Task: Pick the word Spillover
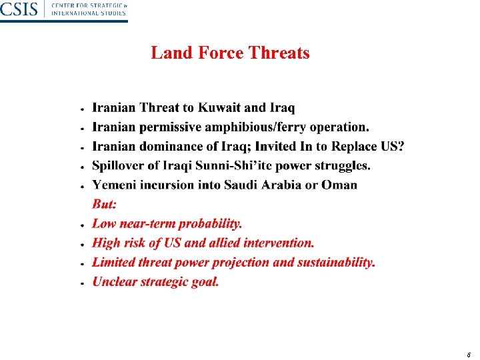point(119,165)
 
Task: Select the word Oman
point(339,185)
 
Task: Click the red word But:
point(104,205)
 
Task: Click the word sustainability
point(337,263)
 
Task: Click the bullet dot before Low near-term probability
point(81,225)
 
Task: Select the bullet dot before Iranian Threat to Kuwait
point(81,109)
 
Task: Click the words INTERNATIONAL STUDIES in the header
point(89,13)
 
